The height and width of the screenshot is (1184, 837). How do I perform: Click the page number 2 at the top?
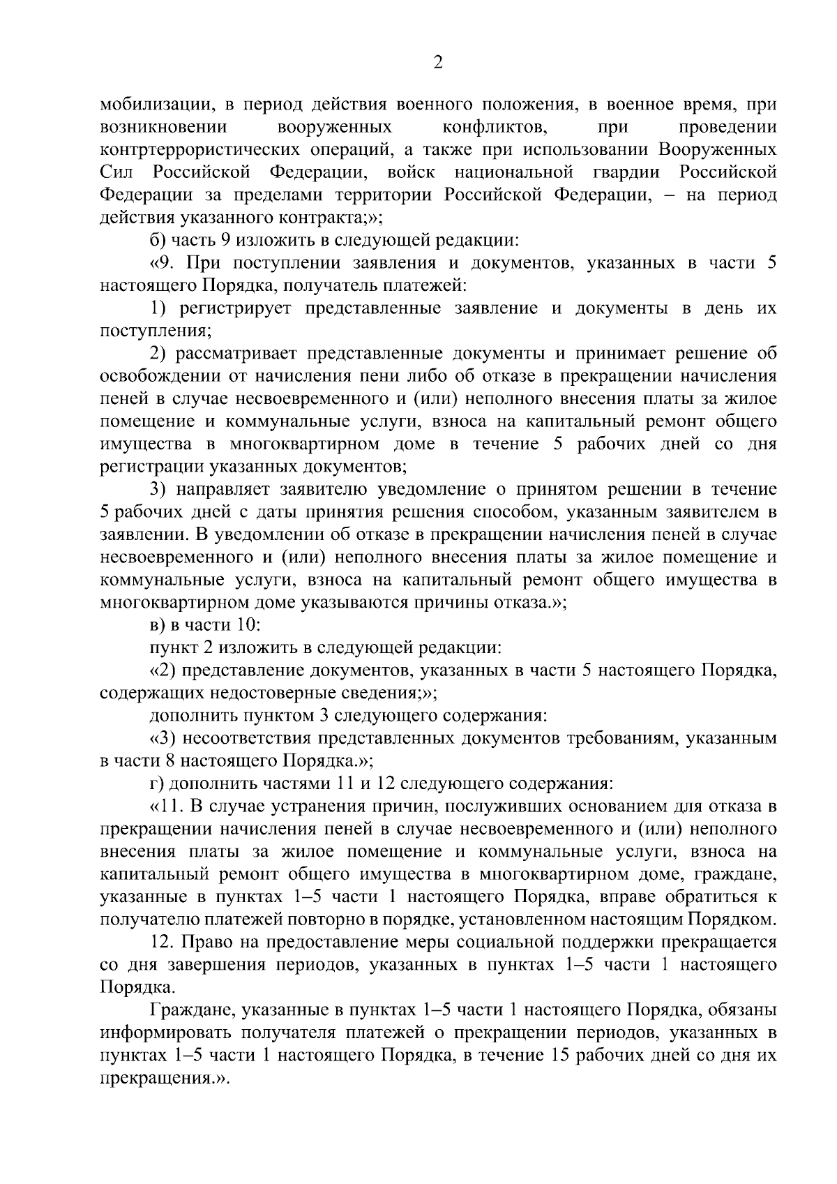[438, 63]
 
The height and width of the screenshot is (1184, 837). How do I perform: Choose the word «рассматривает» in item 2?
[234, 354]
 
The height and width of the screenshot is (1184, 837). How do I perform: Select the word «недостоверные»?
[273, 694]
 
